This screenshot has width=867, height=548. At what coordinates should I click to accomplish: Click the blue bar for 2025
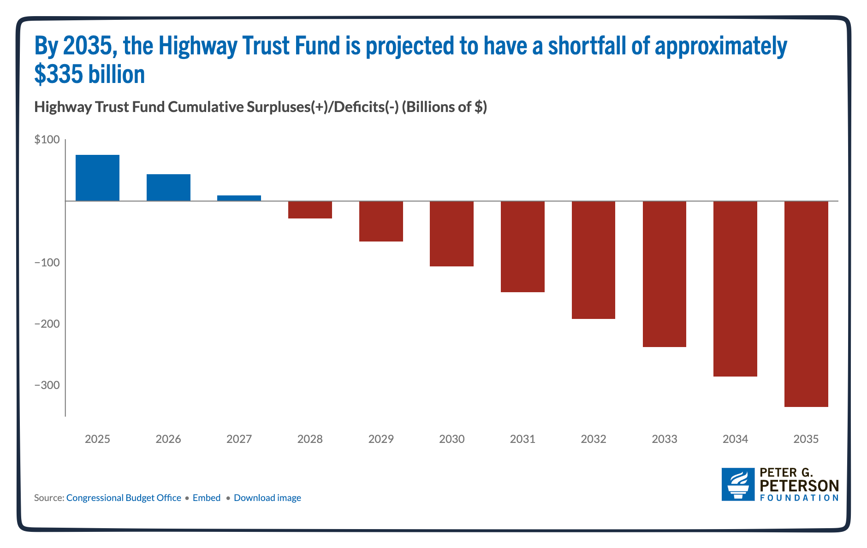97,178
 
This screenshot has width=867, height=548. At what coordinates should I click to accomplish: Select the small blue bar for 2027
239,198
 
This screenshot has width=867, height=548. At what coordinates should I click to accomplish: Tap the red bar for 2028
310,210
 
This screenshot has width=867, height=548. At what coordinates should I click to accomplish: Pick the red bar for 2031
523,247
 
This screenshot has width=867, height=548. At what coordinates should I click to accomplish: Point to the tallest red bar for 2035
806,304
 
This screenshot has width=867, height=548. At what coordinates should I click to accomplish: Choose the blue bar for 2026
168,188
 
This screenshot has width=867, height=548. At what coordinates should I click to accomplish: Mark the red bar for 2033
664,274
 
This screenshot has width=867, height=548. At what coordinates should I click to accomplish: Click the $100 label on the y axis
47,140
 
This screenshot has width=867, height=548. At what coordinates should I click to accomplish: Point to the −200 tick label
47,324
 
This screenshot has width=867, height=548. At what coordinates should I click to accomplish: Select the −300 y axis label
47,385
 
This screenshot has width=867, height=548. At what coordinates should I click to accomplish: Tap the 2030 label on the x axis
451,439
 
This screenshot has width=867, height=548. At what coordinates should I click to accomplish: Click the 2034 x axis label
735,439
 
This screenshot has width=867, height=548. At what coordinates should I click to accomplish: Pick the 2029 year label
381,439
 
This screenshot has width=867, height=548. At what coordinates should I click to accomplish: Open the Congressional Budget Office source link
124,498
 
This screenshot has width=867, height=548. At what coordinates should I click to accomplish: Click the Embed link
207,498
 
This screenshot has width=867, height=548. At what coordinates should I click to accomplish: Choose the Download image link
267,498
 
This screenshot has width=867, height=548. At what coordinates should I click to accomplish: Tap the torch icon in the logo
738,484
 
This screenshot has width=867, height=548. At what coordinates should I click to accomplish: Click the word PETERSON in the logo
799,485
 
